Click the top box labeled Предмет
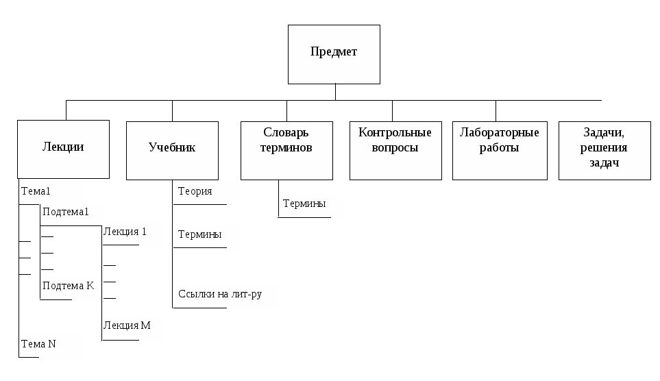pyautogui.click(x=334, y=53)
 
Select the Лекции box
pyautogui.click(x=63, y=148)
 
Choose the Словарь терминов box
pyautogui.click(x=286, y=149)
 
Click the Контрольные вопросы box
pyautogui.click(x=395, y=150)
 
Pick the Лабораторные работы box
pyautogui.click(x=500, y=150)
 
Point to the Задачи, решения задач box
pyautogui.click(x=604, y=150)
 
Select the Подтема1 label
pyautogui.click(x=66, y=212)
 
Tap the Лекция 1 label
pyautogui.click(x=125, y=232)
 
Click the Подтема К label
pyautogui.click(x=68, y=286)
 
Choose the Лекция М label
pyautogui.click(x=127, y=325)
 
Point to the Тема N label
pyautogui.click(x=38, y=344)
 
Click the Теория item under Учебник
pyautogui.click(x=195, y=192)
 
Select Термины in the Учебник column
pyautogui.click(x=199, y=235)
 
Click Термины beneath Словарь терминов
pyautogui.click(x=304, y=204)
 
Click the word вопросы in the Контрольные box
pyautogui.click(x=395, y=148)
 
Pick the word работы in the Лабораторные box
pyautogui.click(x=500, y=148)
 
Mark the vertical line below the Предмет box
pyautogui.click(x=335, y=92)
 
